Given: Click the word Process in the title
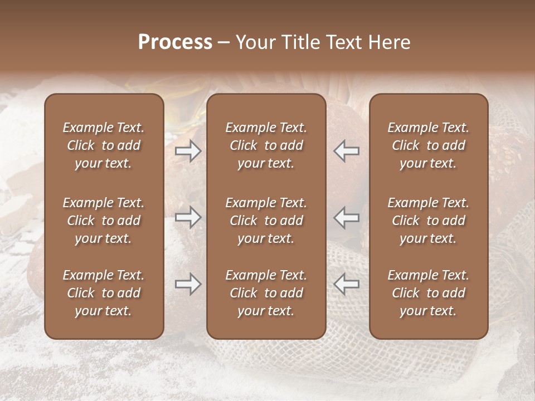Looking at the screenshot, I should pyautogui.click(x=175, y=42).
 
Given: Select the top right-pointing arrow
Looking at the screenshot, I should pyautogui.click(x=188, y=151).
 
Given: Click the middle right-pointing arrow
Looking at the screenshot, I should pyautogui.click(x=188, y=217).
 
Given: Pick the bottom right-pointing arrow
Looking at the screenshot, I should pyautogui.click(x=188, y=285).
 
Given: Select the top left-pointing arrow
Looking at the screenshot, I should pyautogui.click(x=347, y=151).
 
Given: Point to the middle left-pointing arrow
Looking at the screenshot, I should pyautogui.click(x=347, y=217).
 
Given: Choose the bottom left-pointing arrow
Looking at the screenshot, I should pyautogui.click(x=347, y=285).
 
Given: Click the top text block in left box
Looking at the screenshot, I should pyautogui.click(x=104, y=145).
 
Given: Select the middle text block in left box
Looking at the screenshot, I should pyautogui.click(x=104, y=221).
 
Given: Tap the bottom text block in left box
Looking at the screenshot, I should pyautogui.click(x=104, y=293).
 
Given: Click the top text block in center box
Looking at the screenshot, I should pyautogui.click(x=266, y=145).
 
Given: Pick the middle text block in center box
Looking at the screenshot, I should pyautogui.click(x=266, y=221).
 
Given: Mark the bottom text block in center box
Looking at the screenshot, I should pyautogui.click(x=266, y=293).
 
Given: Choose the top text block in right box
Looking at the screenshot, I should pyautogui.click(x=428, y=145).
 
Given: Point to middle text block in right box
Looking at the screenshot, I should pyautogui.click(x=428, y=221).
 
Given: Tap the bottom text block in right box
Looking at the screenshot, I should pyautogui.click(x=428, y=293).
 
